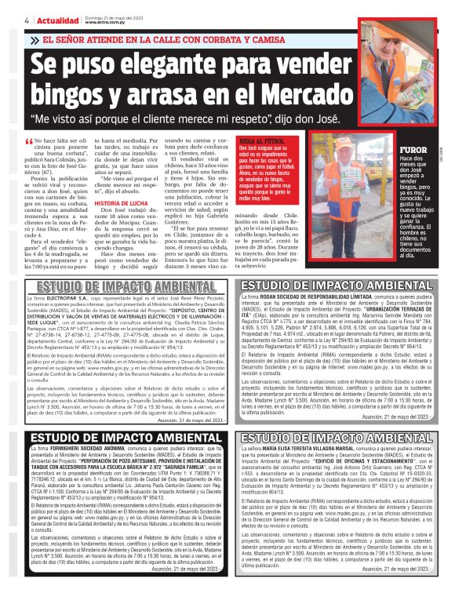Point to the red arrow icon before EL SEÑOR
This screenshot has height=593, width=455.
32,38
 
